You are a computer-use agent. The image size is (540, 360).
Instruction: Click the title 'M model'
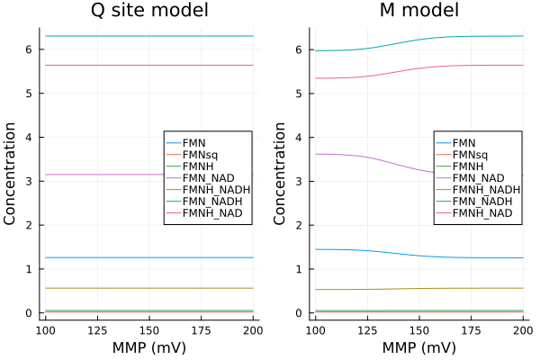click(x=419, y=12)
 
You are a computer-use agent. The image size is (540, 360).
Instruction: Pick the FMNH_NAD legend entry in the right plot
click(x=482, y=213)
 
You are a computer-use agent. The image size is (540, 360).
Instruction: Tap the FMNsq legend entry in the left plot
click(x=199, y=155)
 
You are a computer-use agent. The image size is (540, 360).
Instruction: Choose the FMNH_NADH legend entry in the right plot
click(x=487, y=190)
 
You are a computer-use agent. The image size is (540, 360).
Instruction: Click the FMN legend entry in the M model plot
click(x=464, y=143)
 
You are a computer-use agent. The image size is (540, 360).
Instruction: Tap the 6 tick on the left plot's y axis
click(x=29, y=49)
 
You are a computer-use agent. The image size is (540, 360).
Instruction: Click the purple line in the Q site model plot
click(x=99, y=174)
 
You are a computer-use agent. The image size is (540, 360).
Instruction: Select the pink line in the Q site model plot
click(x=99, y=65)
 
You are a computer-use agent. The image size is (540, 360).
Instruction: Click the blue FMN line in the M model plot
click(x=360, y=250)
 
